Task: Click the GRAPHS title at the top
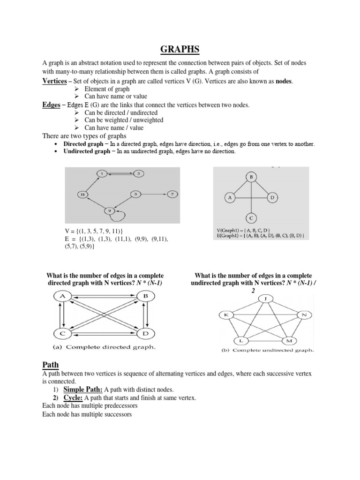(180, 50)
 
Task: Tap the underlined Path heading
(50, 364)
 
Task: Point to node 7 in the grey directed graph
(172, 194)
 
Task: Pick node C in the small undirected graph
(251, 218)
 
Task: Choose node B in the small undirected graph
(251, 177)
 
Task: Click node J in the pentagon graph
(266, 298)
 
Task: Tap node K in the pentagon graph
(226, 315)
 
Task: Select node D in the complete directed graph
(144, 333)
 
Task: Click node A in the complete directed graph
(62, 296)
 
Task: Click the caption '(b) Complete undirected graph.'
(267, 350)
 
